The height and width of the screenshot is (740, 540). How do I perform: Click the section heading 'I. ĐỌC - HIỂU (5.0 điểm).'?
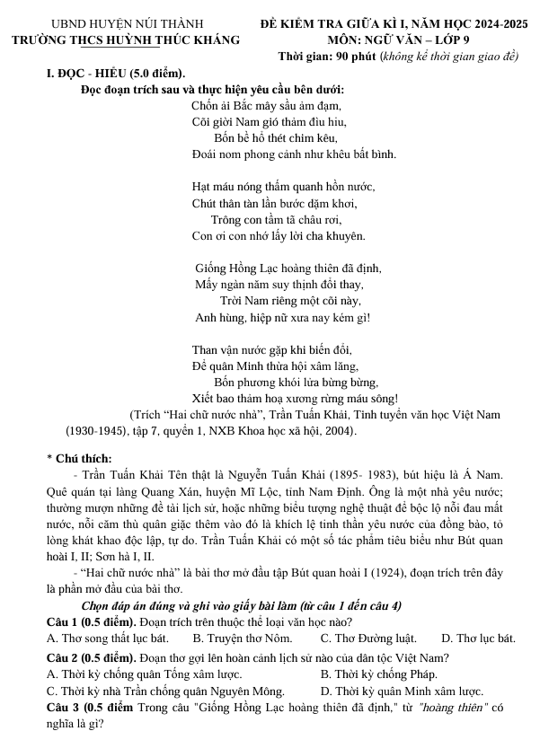[x=116, y=73]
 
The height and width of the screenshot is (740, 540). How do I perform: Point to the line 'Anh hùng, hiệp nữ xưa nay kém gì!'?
[x=282, y=316]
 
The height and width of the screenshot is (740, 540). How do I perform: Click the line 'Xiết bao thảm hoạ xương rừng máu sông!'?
[x=295, y=398]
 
